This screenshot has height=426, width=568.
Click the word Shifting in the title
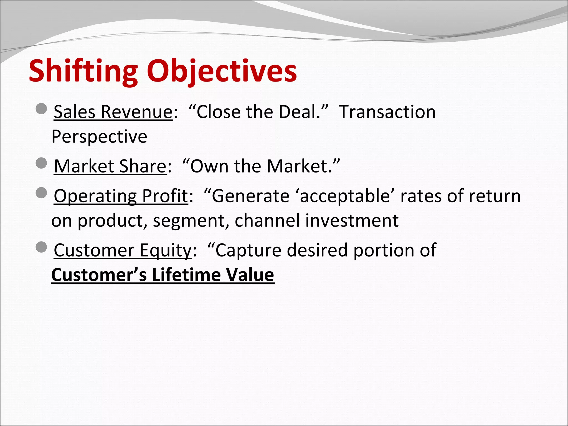point(83,71)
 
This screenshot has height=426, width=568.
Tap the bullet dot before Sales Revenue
point(42,109)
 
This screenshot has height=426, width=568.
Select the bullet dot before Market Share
point(42,163)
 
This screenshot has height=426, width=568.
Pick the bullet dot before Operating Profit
point(42,193)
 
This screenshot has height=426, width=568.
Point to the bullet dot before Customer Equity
point(42,247)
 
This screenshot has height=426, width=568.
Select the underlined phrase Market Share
point(110,166)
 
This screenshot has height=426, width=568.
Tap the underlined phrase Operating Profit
point(121,196)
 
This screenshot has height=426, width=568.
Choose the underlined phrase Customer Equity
point(123,250)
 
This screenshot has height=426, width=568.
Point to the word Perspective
point(99,136)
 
